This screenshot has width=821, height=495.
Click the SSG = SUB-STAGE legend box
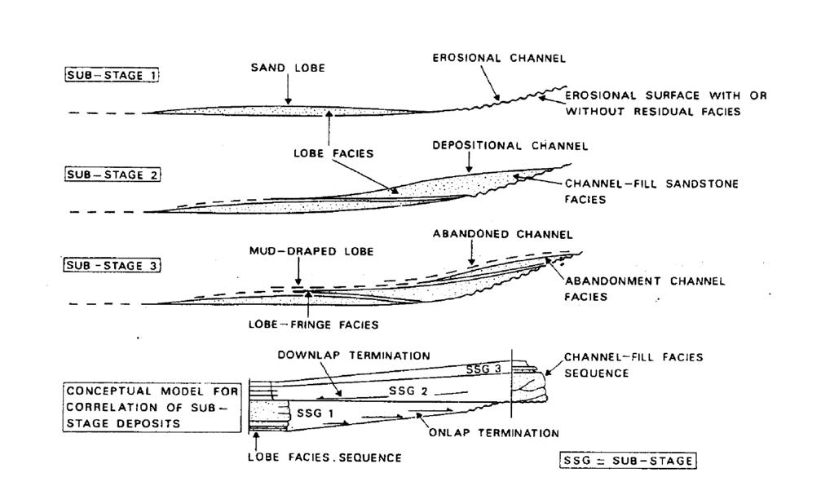(629, 461)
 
